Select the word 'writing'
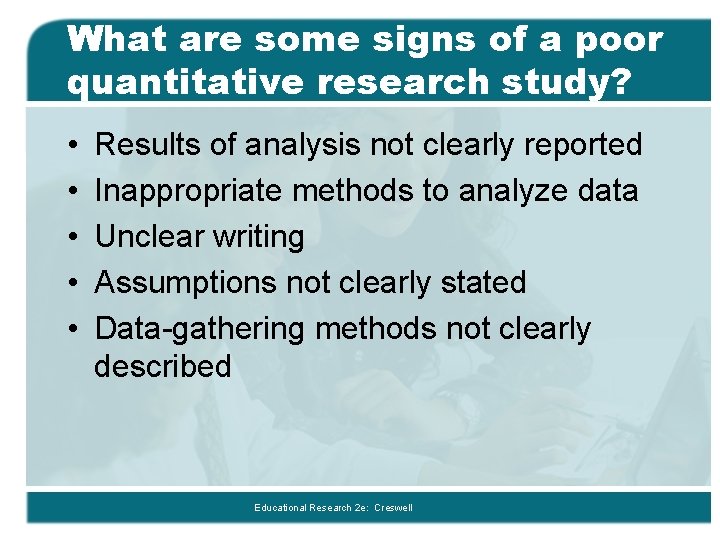click(256, 237)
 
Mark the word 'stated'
click(482, 283)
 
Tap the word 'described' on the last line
click(163, 366)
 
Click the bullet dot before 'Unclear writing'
click(77, 238)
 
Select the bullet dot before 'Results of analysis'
click(77, 146)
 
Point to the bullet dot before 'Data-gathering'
click(77, 330)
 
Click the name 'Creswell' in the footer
click(392, 508)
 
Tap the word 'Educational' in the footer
click(280, 508)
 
